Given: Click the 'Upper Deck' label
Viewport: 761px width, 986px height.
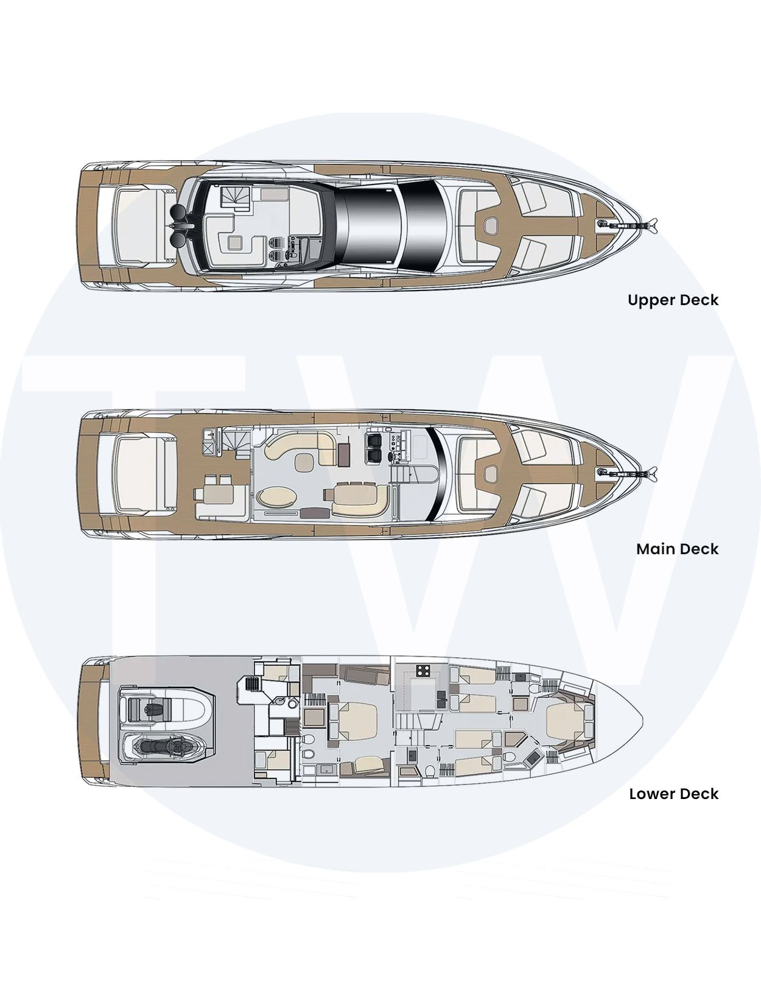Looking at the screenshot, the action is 673,300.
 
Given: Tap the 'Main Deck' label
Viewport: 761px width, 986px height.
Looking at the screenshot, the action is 677,549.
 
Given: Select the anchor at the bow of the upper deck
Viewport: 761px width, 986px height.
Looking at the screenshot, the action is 628,224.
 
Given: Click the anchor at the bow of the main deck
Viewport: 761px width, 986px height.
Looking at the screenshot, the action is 628,473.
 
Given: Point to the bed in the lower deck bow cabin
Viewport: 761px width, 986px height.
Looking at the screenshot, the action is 564,722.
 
